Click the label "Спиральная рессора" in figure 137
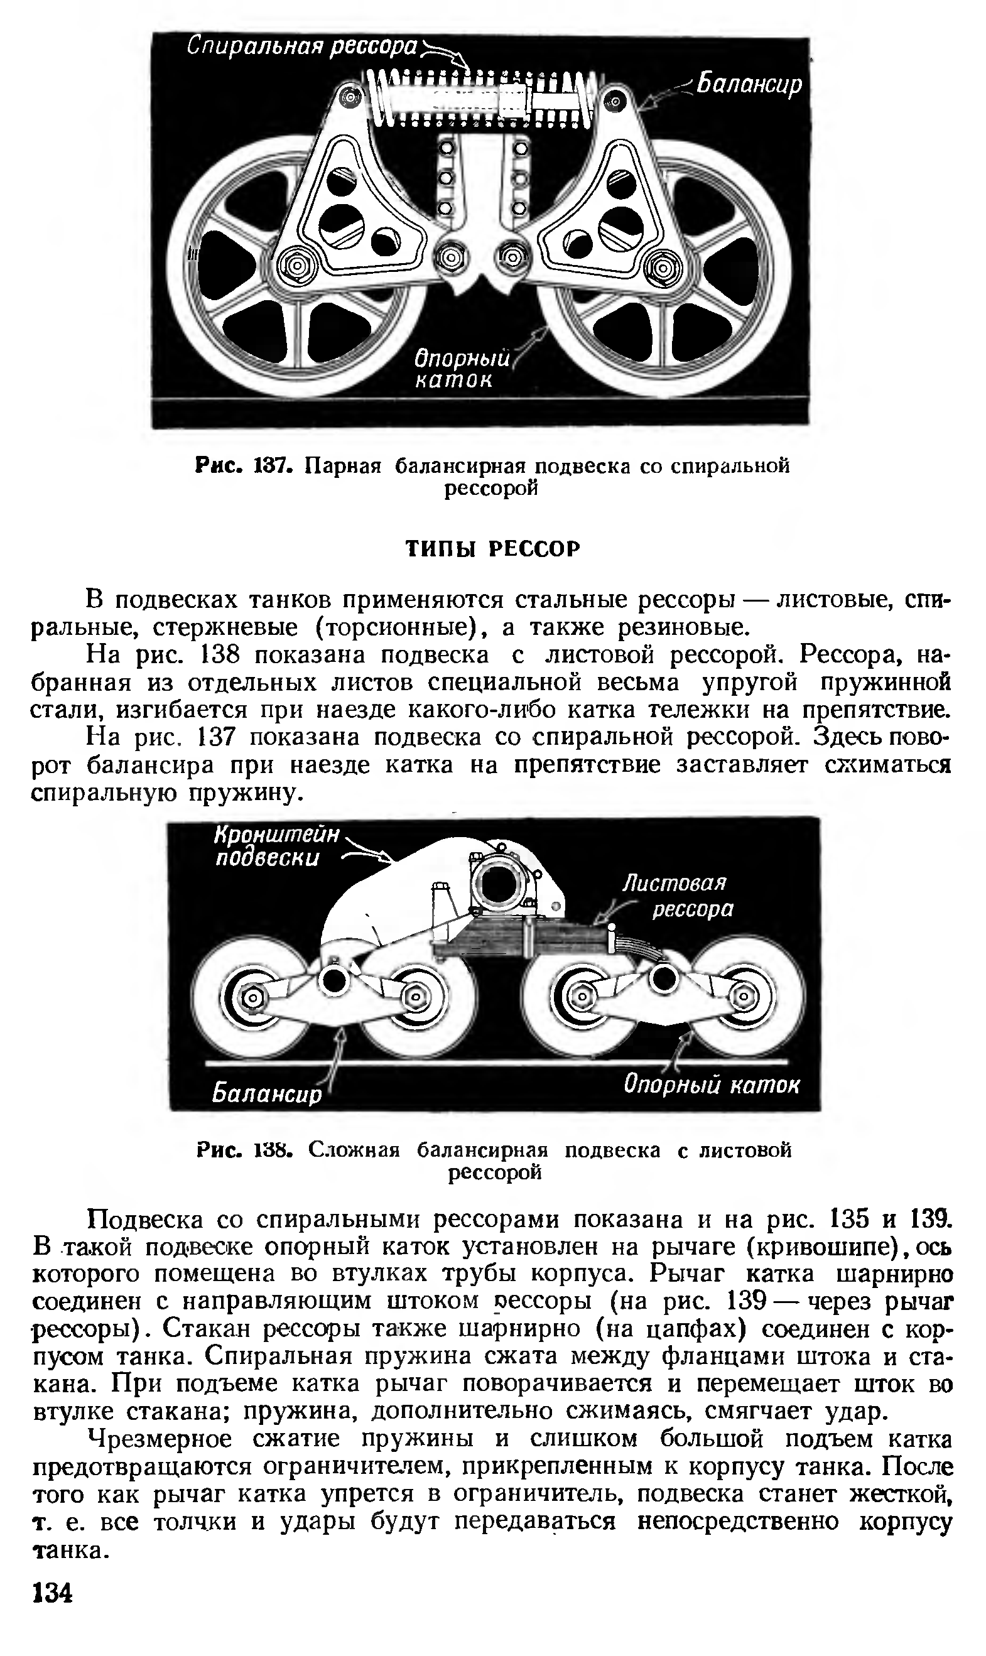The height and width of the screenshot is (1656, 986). [301, 46]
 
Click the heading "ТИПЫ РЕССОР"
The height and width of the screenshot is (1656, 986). [492, 549]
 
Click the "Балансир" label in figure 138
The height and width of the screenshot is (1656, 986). [266, 1093]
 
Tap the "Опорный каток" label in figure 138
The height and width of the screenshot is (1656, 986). [711, 1085]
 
